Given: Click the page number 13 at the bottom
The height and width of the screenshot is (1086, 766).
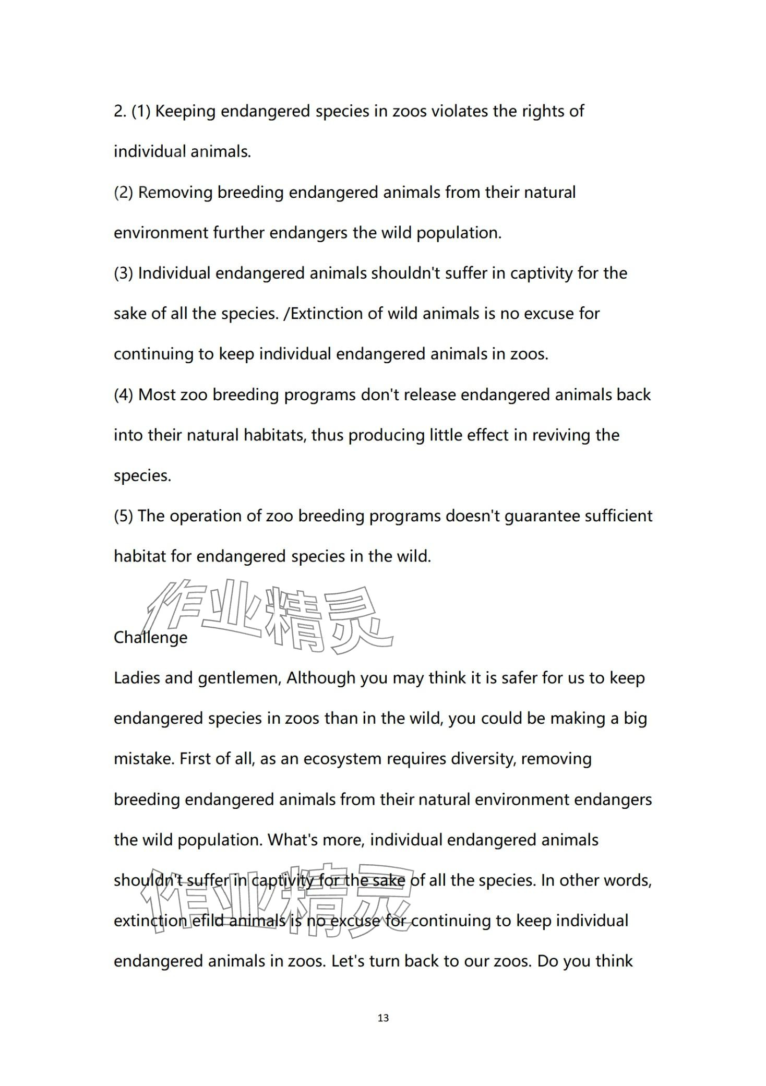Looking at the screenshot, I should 383,1018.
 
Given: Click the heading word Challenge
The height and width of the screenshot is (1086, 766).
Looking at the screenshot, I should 150,637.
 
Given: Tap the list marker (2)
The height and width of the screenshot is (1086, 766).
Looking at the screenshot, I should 124,193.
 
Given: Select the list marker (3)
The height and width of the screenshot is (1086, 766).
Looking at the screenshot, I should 124,273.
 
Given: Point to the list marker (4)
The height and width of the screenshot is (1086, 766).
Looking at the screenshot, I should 124,395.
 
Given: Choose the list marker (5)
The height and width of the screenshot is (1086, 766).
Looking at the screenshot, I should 124,516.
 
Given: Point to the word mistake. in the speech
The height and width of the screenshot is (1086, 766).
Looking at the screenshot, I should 144,759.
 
